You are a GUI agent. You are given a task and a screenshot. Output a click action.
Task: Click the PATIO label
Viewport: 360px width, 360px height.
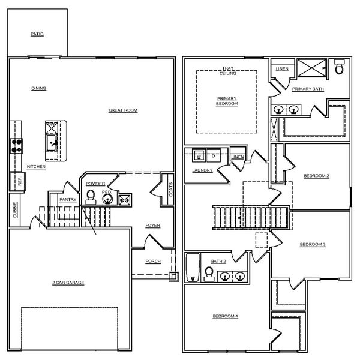click(x=37, y=35)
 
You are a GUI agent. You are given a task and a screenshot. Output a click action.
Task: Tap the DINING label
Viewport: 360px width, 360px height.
click(x=39, y=88)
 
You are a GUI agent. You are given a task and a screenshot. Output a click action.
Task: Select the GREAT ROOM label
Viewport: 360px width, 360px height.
click(x=123, y=110)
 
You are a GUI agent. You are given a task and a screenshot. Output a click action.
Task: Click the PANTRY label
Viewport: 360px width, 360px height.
click(x=68, y=200)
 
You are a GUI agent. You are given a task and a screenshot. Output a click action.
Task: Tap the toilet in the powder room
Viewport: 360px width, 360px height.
click(x=91, y=196)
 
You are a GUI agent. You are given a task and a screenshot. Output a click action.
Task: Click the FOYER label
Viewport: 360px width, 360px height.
click(x=152, y=226)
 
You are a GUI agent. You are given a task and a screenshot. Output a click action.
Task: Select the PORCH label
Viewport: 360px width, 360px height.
click(x=154, y=262)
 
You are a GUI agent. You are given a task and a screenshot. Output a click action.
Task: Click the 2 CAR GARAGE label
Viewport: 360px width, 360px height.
click(x=67, y=282)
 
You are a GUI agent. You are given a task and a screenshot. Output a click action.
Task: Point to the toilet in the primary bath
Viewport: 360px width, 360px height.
click(x=340, y=68)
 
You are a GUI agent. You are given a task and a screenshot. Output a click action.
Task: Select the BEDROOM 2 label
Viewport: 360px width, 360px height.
click(x=316, y=176)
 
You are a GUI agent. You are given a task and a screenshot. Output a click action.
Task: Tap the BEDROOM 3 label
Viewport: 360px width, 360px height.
click(x=313, y=244)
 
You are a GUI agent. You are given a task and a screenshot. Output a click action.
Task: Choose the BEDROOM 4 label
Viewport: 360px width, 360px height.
click(x=225, y=316)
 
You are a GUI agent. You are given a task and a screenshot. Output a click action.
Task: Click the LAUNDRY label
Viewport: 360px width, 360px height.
click(x=202, y=170)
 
